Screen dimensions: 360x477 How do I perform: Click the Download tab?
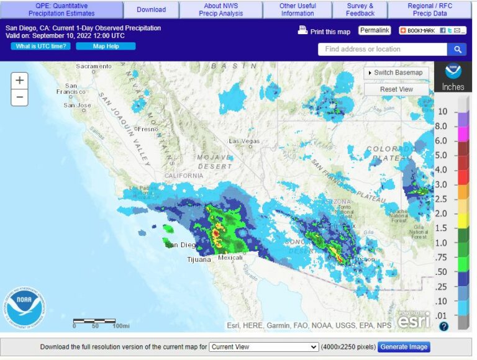[x=151, y=9]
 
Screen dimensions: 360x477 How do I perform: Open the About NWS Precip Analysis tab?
[x=221, y=9]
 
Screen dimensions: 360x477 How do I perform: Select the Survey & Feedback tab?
[x=360, y=9]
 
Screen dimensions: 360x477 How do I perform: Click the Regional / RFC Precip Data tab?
[x=430, y=9]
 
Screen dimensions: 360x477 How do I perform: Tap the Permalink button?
[x=375, y=30]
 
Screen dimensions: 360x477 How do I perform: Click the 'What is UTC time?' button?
[x=40, y=46]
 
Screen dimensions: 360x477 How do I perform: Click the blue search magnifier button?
[x=457, y=50]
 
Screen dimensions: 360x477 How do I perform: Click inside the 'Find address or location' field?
[x=382, y=50]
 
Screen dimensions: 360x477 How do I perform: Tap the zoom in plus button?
[x=20, y=81]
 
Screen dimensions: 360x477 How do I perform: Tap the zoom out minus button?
[x=20, y=97]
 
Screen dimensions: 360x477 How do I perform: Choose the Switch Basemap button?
[x=396, y=73]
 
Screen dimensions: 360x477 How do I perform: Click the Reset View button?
[x=396, y=89]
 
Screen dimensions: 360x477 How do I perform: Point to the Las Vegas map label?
[x=245, y=141]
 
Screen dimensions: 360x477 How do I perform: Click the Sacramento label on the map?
[x=94, y=66]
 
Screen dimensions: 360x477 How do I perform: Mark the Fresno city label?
[x=147, y=129]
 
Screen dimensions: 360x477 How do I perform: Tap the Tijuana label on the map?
[x=199, y=259]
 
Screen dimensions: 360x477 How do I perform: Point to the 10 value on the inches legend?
[x=443, y=112]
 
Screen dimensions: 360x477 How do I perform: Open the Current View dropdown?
[x=263, y=347]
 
